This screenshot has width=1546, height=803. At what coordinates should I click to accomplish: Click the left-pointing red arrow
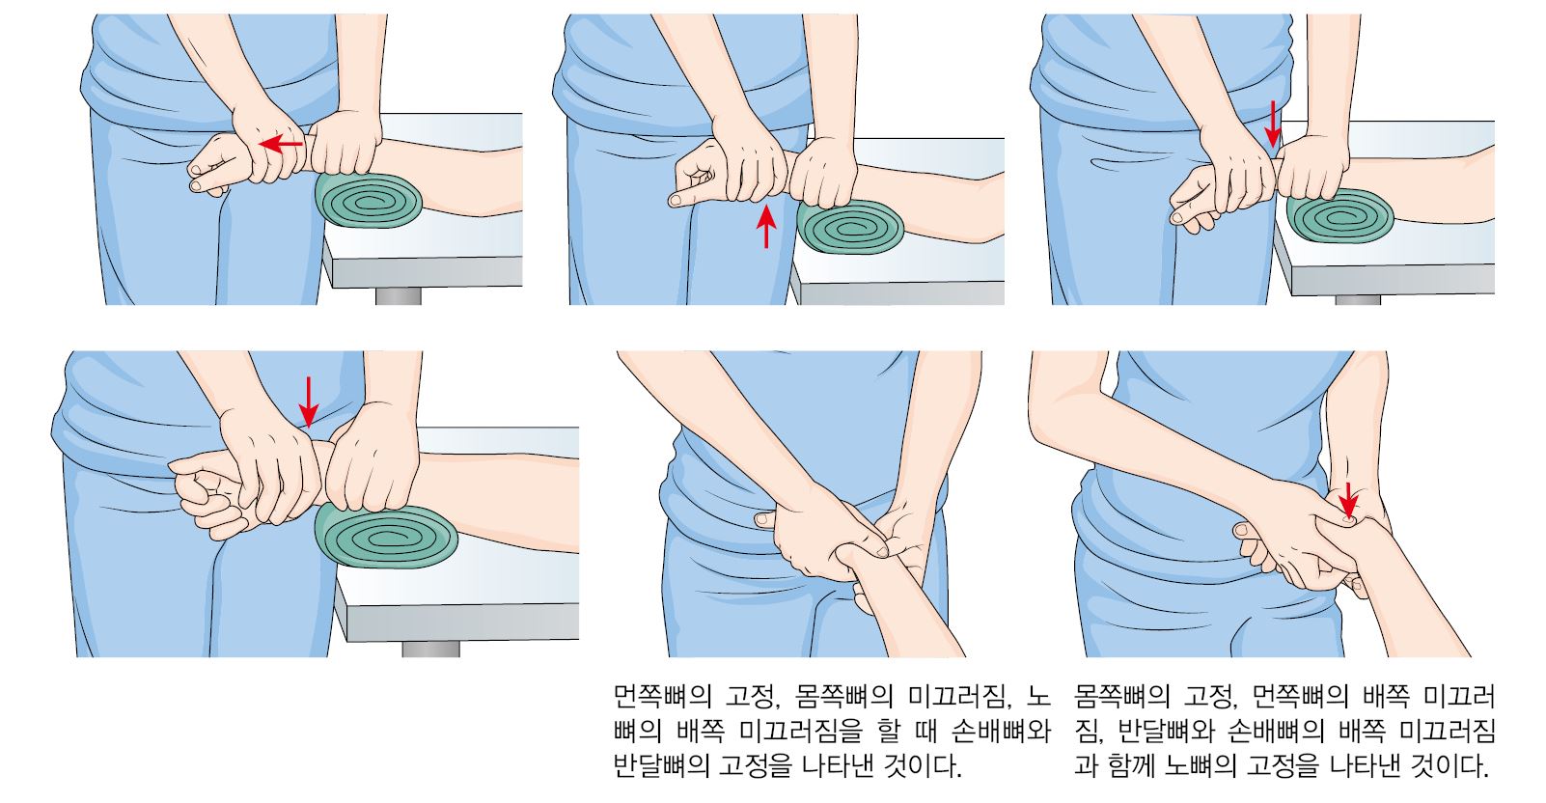click(x=282, y=145)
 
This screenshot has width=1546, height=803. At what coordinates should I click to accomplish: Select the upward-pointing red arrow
click(x=766, y=226)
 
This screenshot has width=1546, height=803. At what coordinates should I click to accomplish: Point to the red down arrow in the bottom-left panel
click(x=309, y=402)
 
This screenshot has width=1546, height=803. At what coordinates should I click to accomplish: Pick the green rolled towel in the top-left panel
click(x=369, y=200)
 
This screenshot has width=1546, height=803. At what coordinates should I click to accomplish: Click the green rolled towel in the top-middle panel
click(x=850, y=227)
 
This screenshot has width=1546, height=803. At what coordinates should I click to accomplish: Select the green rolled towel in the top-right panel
click(x=1339, y=216)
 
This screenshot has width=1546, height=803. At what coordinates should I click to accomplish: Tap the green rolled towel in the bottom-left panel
click(x=386, y=537)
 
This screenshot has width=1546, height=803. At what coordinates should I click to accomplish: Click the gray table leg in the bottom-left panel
click(x=430, y=649)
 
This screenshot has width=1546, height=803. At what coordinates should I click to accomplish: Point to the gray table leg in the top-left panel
click(x=399, y=296)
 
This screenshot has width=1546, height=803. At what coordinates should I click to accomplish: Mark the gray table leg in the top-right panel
click(x=1358, y=299)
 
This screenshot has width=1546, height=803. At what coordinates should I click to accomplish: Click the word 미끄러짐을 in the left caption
click(x=801, y=731)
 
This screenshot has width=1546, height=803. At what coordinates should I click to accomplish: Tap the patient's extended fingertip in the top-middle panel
click(x=674, y=200)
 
